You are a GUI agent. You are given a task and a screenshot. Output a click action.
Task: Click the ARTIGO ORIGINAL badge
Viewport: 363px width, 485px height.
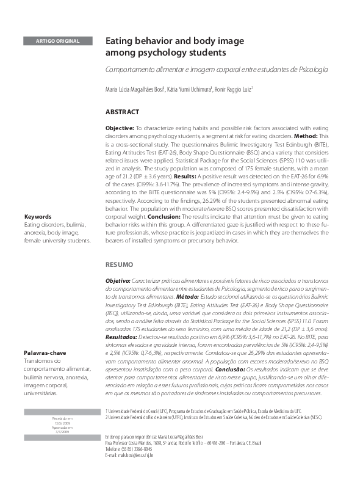(58, 41)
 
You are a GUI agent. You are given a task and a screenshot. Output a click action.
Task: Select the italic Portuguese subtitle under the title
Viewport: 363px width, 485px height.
(217, 70)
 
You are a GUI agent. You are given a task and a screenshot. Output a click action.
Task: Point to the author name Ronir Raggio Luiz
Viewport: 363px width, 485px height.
(234, 90)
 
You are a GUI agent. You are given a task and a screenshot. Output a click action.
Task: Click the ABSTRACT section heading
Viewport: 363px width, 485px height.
(123, 112)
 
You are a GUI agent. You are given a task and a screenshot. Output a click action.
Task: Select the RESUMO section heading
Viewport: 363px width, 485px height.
(118, 266)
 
